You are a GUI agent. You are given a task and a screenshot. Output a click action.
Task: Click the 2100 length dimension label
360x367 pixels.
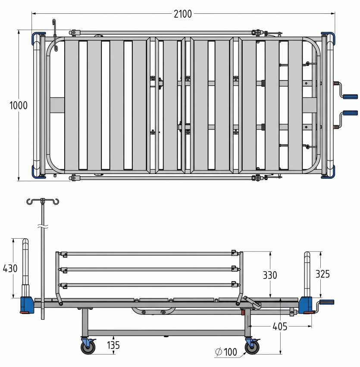[183, 14]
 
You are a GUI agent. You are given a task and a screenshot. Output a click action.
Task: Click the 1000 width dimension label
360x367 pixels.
[18, 106]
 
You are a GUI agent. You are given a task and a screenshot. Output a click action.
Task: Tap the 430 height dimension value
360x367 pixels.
[10, 268]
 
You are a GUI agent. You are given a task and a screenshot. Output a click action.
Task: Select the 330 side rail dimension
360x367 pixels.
[270, 275]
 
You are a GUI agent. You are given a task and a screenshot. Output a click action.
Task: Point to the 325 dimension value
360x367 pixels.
[322, 274]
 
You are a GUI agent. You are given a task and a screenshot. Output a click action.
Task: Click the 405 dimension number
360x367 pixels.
[280, 326]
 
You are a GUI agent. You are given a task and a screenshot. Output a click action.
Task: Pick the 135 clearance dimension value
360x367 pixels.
[113, 345]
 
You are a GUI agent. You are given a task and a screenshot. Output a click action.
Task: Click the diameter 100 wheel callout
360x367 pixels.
[226, 352]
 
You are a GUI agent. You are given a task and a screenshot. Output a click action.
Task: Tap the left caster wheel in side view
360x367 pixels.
[88, 347]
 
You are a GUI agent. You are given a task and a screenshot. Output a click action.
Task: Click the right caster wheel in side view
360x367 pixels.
[252, 347]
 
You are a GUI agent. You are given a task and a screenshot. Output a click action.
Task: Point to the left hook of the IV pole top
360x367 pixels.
[30, 202]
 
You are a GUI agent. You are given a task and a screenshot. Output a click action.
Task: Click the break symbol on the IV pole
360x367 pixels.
[43, 226]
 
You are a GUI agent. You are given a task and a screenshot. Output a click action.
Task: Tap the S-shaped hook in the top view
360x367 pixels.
[55, 35]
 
